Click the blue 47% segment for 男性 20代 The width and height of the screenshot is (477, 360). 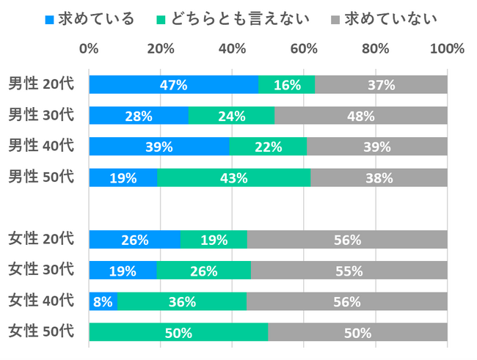pyautogui.click(x=173, y=84)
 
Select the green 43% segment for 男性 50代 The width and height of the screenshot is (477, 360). pyautogui.click(x=233, y=177)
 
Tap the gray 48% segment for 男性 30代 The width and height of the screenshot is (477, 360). pyautogui.click(x=360, y=116)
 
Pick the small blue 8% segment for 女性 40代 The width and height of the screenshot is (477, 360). pyautogui.click(x=103, y=301)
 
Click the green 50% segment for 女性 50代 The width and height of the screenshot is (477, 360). pyautogui.click(x=178, y=333)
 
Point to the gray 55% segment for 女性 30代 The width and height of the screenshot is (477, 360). pyautogui.click(x=349, y=271)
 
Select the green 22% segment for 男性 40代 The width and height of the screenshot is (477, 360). pyautogui.click(x=268, y=147)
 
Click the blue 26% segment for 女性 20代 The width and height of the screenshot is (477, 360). pyautogui.click(x=135, y=240)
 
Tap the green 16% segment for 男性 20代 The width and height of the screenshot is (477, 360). pyautogui.click(x=286, y=84)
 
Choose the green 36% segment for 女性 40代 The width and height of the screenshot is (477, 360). pyautogui.click(x=181, y=301)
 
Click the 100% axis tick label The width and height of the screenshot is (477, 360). pyautogui.click(x=447, y=49)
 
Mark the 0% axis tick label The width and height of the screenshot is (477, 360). pyautogui.click(x=89, y=49)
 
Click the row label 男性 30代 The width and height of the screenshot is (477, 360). pyautogui.click(x=41, y=115)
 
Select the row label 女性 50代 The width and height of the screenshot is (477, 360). pyautogui.click(x=41, y=332)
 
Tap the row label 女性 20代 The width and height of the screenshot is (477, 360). pyautogui.click(x=41, y=239)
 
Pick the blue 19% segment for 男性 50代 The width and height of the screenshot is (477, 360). pyautogui.click(x=123, y=177)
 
